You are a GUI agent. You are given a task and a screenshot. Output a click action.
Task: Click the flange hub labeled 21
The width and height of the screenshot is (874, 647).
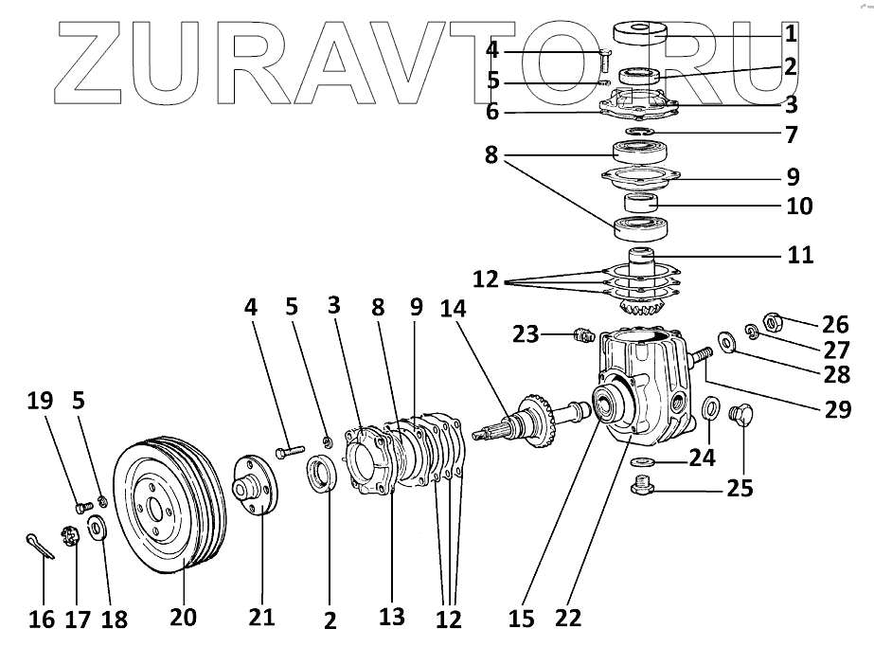tap(253, 484)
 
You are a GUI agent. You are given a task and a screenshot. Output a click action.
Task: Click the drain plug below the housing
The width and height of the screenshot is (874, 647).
tap(642, 487)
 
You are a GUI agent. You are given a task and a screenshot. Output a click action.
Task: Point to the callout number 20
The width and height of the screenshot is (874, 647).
tap(184, 618)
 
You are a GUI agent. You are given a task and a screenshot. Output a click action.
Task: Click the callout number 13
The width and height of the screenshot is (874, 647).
tap(391, 618)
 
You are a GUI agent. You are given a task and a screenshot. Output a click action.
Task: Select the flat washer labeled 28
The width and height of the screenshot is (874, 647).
tap(727, 339)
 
